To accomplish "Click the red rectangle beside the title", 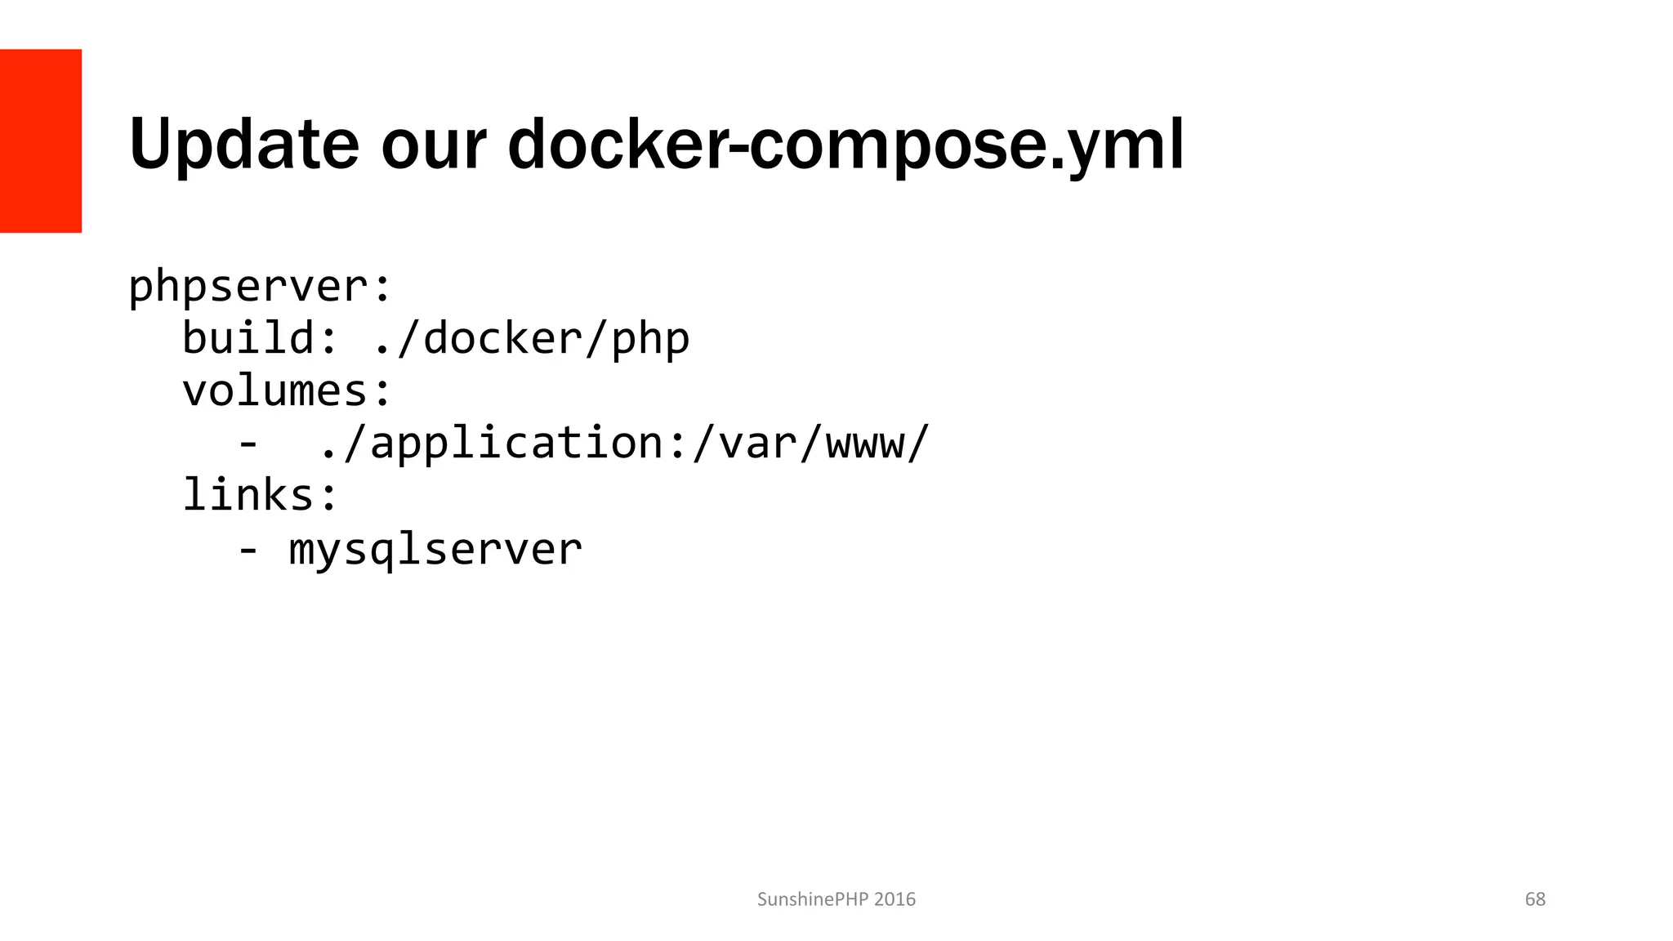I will pyautogui.click(x=41, y=140).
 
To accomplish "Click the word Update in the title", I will pyautogui.click(x=243, y=145).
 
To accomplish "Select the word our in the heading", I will pyautogui.click(x=433, y=145).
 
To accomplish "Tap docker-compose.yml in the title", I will pyautogui.click(x=845, y=146).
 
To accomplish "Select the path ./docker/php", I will pyautogui.click(x=531, y=338).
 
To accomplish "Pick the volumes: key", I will pyautogui.click(x=287, y=390).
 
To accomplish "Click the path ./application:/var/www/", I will pyautogui.click(x=625, y=444).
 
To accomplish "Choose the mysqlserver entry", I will pyautogui.click(x=435, y=549).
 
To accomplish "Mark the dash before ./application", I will pyautogui.click(x=248, y=444).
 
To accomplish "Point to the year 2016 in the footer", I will pyautogui.click(x=894, y=899).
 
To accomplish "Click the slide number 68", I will pyautogui.click(x=1535, y=899).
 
